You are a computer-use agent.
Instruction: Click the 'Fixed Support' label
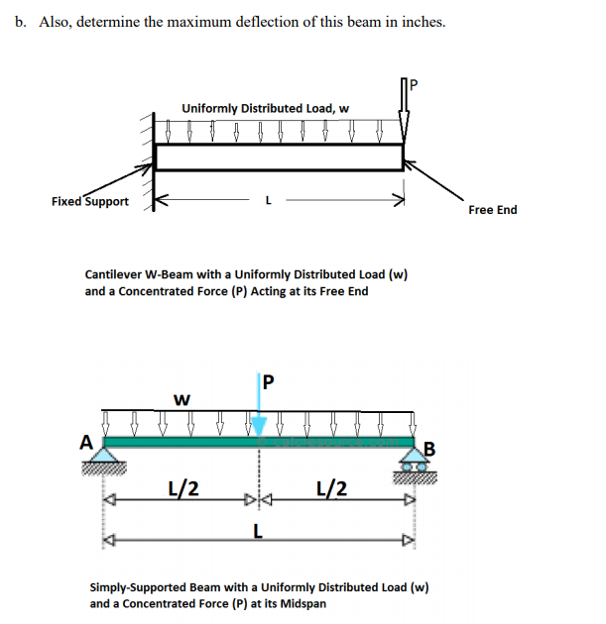pyautogui.click(x=89, y=202)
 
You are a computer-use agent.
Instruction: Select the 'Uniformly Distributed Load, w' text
pyautogui.click(x=265, y=108)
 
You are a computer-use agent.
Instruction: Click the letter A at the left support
pyautogui.click(x=87, y=443)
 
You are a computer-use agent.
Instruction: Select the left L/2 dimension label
pyautogui.click(x=182, y=487)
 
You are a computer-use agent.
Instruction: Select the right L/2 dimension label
pyautogui.click(x=330, y=487)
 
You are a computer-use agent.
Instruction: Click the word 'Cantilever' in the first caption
pyautogui.click(x=114, y=274)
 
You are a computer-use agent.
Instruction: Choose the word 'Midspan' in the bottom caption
pyautogui.click(x=300, y=603)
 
